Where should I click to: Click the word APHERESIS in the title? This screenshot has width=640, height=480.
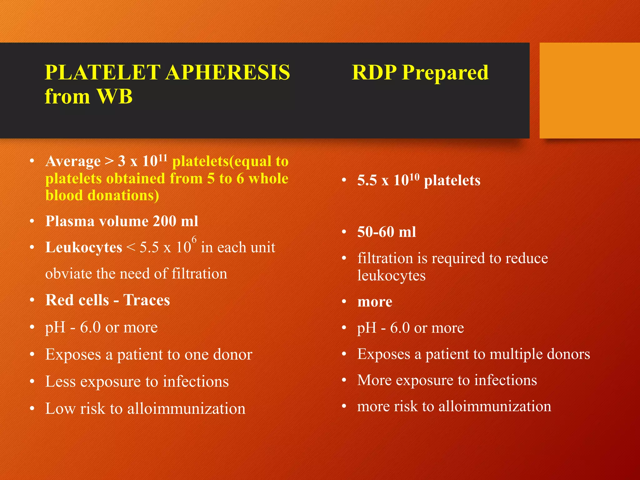pyautogui.click(x=228, y=72)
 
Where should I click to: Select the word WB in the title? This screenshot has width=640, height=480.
pyautogui.click(x=115, y=96)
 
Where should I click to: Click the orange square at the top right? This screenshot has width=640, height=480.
pyautogui.click(x=589, y=90)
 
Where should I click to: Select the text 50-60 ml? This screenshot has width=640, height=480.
pyautogui.click(x=387, y=232)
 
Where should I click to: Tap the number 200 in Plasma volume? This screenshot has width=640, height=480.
pyautogui.click(x=165, y=221)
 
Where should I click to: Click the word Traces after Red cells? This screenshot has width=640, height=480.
pyautogui.click(x=147, y=300)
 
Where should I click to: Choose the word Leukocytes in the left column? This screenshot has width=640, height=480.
pyautogui.click(x=84, y=247)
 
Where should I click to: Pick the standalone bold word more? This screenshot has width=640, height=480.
pyautogui.click(x=375, y=302)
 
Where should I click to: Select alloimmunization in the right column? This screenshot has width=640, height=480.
pyautogui.click(x=495, y=407)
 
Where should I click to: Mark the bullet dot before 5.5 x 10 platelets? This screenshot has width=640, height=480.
pyautogui.click(x=344, y=180)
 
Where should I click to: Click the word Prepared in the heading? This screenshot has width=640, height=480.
pyautogui.click(x=445, y=72)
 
